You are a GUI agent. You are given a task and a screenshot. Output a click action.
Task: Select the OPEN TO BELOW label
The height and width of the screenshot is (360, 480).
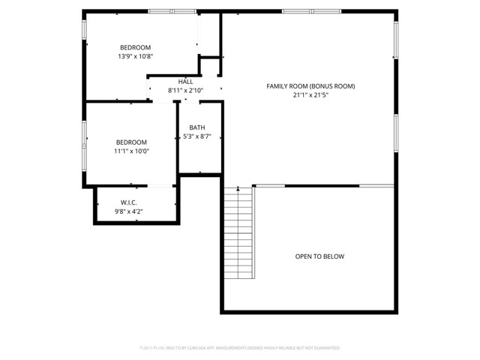click(x=319, y=256)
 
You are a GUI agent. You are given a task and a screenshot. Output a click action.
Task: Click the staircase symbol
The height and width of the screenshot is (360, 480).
click(x=239, y=232)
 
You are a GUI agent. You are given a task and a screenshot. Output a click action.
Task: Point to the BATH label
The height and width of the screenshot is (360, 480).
click(x=197, y=127)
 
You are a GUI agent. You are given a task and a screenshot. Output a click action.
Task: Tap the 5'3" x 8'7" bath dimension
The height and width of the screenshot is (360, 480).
click(x=197, y=136)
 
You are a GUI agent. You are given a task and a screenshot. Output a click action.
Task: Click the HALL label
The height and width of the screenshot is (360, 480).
click(x=185, y=82)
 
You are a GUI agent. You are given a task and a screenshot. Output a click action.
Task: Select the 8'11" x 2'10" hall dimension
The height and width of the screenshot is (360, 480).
click(x=185, y=91)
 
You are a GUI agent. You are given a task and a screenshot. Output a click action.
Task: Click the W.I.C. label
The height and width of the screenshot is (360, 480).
click(x=129, y=202)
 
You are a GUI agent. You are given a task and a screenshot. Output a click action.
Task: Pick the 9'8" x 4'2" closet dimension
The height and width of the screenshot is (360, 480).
click(x=129, y=211)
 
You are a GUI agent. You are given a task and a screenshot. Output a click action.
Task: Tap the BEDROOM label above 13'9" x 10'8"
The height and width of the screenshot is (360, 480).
click(x=135, y=47)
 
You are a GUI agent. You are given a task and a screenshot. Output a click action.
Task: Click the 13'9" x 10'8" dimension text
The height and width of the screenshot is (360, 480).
click(x=135, y=56)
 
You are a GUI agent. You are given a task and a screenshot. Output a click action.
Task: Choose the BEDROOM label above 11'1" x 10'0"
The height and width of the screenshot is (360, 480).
click(x=131, y=142)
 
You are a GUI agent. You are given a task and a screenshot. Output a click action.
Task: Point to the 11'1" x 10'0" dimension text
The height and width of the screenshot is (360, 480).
click(x=131, y=151)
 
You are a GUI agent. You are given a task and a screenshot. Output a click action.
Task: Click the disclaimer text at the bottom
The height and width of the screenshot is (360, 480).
click(x=240, y=348)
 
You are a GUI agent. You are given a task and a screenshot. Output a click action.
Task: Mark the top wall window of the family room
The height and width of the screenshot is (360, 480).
click(x=302, y=10)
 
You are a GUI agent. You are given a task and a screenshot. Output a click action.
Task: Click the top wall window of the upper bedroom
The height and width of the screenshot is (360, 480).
click(x=172, y=10)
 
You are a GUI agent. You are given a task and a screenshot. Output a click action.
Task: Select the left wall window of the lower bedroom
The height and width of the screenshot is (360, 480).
click(x=84, y=142)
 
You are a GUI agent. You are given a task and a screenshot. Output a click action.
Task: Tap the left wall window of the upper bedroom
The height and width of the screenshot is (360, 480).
click(x=84, y=31)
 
